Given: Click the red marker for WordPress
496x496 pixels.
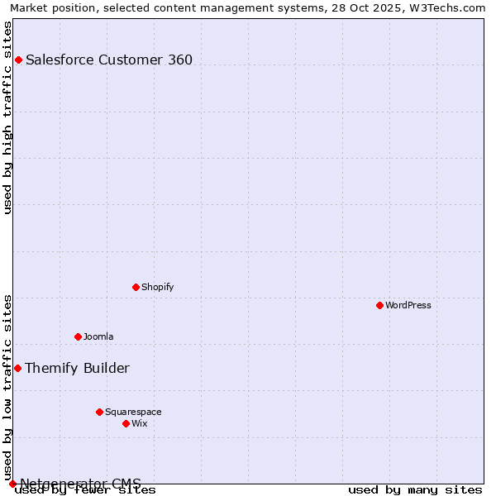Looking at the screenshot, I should [x=379, y=305].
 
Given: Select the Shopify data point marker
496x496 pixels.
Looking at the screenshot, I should [x=136, y=287].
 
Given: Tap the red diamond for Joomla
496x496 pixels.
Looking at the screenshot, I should [x=78, y=336].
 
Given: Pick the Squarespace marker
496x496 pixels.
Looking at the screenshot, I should [x=99, y=412].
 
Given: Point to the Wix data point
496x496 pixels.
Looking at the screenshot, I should [x=126, y=423].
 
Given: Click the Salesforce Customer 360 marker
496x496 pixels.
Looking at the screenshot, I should [x=18, y=60].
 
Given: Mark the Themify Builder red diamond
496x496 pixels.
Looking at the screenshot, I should [x=17, y=368].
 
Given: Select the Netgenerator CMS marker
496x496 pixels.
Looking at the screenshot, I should [x=12, y=484].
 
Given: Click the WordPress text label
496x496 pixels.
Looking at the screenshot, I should [x=408, y=305].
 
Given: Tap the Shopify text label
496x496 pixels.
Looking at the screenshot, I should [x=157, y=287].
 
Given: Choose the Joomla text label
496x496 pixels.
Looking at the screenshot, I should [x=98, y=336].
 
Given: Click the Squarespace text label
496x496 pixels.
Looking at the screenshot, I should [x=133, y=412].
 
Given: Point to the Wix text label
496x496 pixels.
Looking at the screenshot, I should [x=139, y=423].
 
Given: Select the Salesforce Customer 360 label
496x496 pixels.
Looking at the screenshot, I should [x=109, y=60].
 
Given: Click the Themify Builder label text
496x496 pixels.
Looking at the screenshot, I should [x=77, y=368].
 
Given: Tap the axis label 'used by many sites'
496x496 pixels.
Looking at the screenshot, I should [x=415, y=489].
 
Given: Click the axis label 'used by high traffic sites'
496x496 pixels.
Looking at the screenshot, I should [x=7, y=118].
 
